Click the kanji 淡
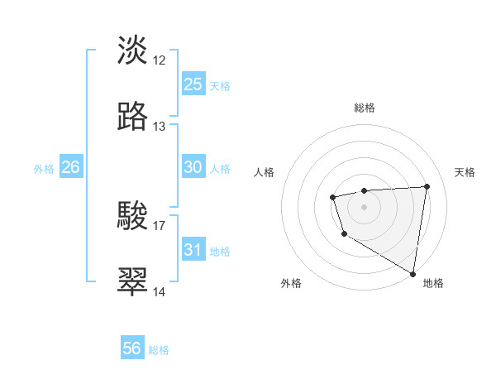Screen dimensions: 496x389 [133, 50]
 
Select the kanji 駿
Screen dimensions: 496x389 [133, 215]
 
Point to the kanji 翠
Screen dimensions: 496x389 [133, 281]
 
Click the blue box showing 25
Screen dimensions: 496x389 [193, 84]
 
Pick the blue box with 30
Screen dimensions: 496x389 [193, 167]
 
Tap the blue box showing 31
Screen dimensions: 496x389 [193, 250]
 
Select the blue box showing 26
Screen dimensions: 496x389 [71, 167]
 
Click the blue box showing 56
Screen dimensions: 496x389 [132, 348]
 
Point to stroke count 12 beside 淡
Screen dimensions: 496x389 [160, 60]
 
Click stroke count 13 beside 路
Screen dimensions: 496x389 [160, 127]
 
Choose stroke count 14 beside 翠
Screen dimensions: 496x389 [160, 292]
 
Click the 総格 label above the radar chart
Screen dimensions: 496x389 [365, 108]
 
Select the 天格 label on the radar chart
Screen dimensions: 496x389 [465, 172]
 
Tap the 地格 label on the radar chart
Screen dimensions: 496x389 [433, 283]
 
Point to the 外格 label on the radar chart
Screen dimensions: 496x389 [291, 283]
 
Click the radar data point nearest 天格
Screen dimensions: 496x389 [427, 186]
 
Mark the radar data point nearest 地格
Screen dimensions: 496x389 [413, 273]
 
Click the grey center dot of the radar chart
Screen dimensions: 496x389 [364, 206]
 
